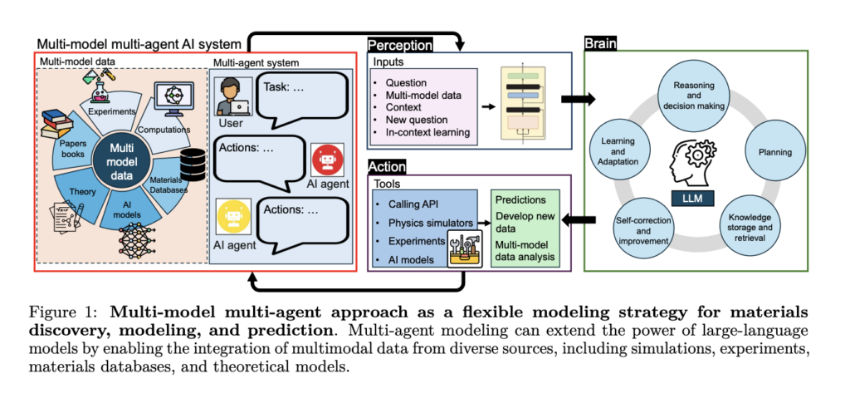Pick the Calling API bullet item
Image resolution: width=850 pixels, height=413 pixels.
tap(417, 204)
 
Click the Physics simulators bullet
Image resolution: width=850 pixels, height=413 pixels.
tap(428, 222)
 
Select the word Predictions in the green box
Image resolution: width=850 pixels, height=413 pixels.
tap(520, 199)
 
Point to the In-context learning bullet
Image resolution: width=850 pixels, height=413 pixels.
tap(423, 133)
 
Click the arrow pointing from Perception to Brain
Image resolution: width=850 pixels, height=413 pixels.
tap(579, 100)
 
